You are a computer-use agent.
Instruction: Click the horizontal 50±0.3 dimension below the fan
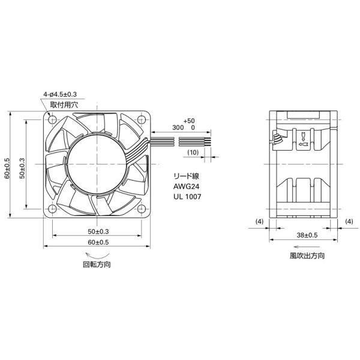coord(99,231)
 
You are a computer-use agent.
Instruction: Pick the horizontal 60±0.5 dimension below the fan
coord(99,242)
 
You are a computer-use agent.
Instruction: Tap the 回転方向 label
coord(98,264)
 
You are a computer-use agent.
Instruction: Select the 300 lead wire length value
coord(178,128)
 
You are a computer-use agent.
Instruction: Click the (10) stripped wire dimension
coord(193,152)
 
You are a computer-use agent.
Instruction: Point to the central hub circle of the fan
coord(98,163)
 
